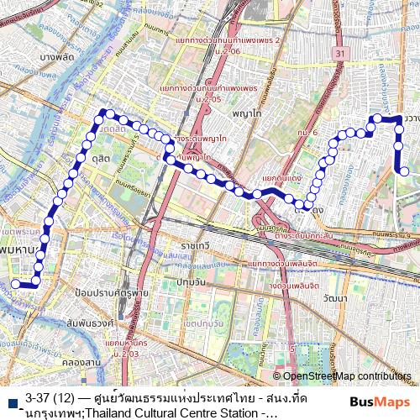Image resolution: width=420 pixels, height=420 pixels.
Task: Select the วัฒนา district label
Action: tap(333, 298)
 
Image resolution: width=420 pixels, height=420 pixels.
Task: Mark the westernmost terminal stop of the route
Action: tap(15, 285)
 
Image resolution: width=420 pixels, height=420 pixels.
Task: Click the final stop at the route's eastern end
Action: tap(404, 171)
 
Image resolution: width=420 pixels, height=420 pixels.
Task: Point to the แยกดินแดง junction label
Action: tap(282, 179)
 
